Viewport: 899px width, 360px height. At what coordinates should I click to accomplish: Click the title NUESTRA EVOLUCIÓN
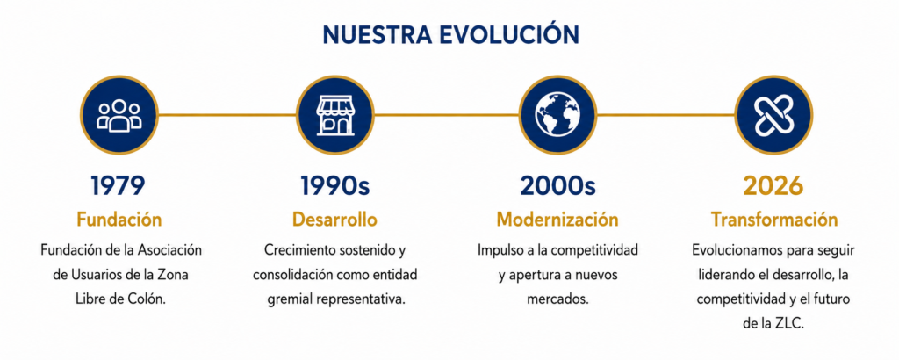tap(450, 35)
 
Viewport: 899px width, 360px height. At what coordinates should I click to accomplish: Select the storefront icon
tap(335, 115)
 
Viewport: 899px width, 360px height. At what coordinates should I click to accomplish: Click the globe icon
tap(557, 115)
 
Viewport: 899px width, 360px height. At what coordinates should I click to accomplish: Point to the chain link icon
tap(773, 115)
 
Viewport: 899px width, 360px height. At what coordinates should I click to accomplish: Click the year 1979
tap(119, 186)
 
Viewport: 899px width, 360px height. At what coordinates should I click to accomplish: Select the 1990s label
tap(334, 186)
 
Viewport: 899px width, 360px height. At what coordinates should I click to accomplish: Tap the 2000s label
tap(557, 186)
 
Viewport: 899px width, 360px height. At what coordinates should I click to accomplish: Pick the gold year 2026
tap(773, 186)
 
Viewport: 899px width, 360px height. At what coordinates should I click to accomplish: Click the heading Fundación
tap(119, 220)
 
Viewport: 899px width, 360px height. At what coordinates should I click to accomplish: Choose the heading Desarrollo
tap(334, 220)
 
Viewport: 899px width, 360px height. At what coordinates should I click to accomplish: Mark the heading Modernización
tap(557, 220)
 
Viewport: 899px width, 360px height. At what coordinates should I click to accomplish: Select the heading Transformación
tap(774, 220)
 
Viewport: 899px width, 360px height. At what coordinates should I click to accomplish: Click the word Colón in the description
tap(150, 299)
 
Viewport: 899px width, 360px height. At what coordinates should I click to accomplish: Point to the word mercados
tap(557, 299)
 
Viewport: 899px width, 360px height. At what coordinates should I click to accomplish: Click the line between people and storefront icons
tap(227, 115)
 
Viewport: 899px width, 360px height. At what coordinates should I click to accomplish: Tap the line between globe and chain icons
tap(665, 115)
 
